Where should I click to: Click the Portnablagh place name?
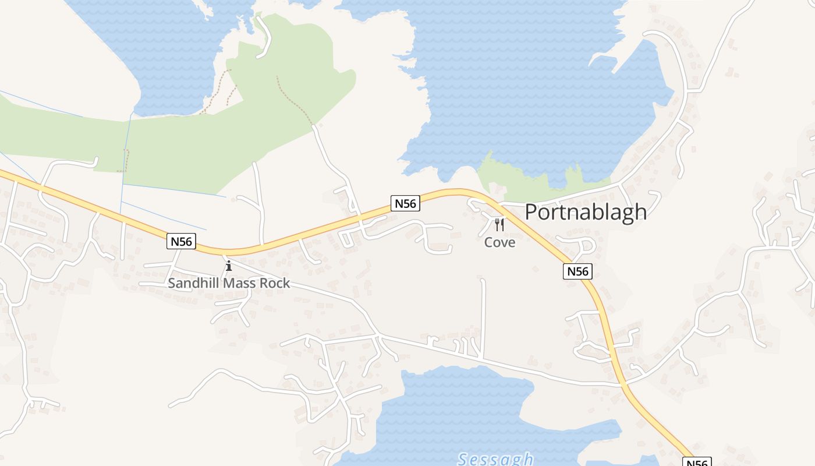point(586,212)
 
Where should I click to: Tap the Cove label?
point(499,242)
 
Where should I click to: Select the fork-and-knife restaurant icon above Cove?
point(499,225)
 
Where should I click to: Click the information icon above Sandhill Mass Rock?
point(228,266)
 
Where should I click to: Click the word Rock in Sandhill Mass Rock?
point(276,284)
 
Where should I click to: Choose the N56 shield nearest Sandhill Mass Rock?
point(181,241)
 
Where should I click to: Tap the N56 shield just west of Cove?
point(405,203)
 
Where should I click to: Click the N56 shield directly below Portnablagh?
point(577,271)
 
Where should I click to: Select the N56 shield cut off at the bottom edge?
point(696,463)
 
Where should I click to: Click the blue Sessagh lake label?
point(495,459)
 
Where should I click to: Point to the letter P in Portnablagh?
point(531,212)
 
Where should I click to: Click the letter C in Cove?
point(489,242)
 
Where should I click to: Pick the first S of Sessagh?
point(463,459)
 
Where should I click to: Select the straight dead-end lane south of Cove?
point(483,315)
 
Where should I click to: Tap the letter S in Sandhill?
point(172,284)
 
